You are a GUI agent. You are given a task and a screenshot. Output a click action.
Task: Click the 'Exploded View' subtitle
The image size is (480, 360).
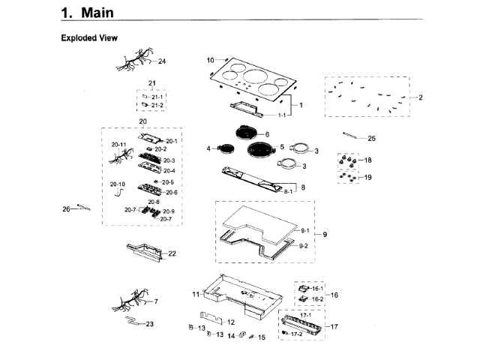(x=88, y=37)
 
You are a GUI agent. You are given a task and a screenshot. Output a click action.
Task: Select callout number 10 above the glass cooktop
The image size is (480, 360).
(x=210, y=59)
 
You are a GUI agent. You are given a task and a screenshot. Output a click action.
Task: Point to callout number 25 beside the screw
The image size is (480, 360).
(x=371, y=139)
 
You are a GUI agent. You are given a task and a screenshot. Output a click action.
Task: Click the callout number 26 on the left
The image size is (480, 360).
(x=65, y=208)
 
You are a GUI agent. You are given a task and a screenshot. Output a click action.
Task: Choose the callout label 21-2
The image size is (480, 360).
(x=157, y=106)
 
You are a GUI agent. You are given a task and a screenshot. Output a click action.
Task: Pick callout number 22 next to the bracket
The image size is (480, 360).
(x=172, y=253)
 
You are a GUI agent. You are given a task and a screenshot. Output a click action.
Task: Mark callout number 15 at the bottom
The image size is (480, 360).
(x=262, y=337)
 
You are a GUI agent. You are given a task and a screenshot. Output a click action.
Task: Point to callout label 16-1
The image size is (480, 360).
(x=317, y=289)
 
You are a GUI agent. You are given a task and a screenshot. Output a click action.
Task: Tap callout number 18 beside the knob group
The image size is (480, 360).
(x=367, y=160)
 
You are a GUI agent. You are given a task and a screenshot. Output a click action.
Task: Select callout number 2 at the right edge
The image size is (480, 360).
(x=421, y=97)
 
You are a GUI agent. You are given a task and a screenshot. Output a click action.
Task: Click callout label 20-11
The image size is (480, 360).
(x=118, y=143)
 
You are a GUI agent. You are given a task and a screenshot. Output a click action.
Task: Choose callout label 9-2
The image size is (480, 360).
(x=304, y=246)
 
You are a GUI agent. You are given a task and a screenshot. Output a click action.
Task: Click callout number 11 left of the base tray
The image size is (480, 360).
(x=195, y=293)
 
